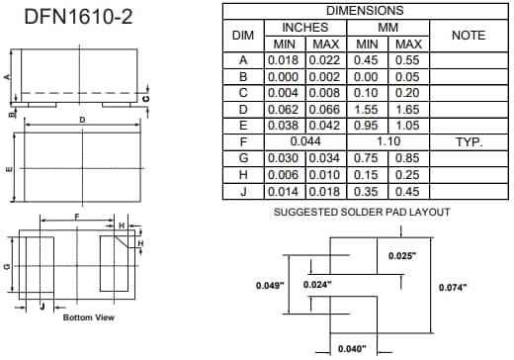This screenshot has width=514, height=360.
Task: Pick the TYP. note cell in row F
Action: click(468, 142)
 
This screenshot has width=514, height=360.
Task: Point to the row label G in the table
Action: click(242, 158)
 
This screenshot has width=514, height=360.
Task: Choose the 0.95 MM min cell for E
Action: click(367, 126)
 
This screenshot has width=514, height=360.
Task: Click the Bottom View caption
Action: click(89, 317)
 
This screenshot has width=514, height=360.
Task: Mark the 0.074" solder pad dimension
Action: click(452, 287)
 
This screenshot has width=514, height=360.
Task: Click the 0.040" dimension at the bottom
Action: click(351, 348)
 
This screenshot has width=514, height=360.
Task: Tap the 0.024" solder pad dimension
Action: click(315, 285)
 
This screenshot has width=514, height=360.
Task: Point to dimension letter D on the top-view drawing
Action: click(83, 120)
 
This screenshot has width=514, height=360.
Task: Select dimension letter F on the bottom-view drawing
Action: click(76, 215)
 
